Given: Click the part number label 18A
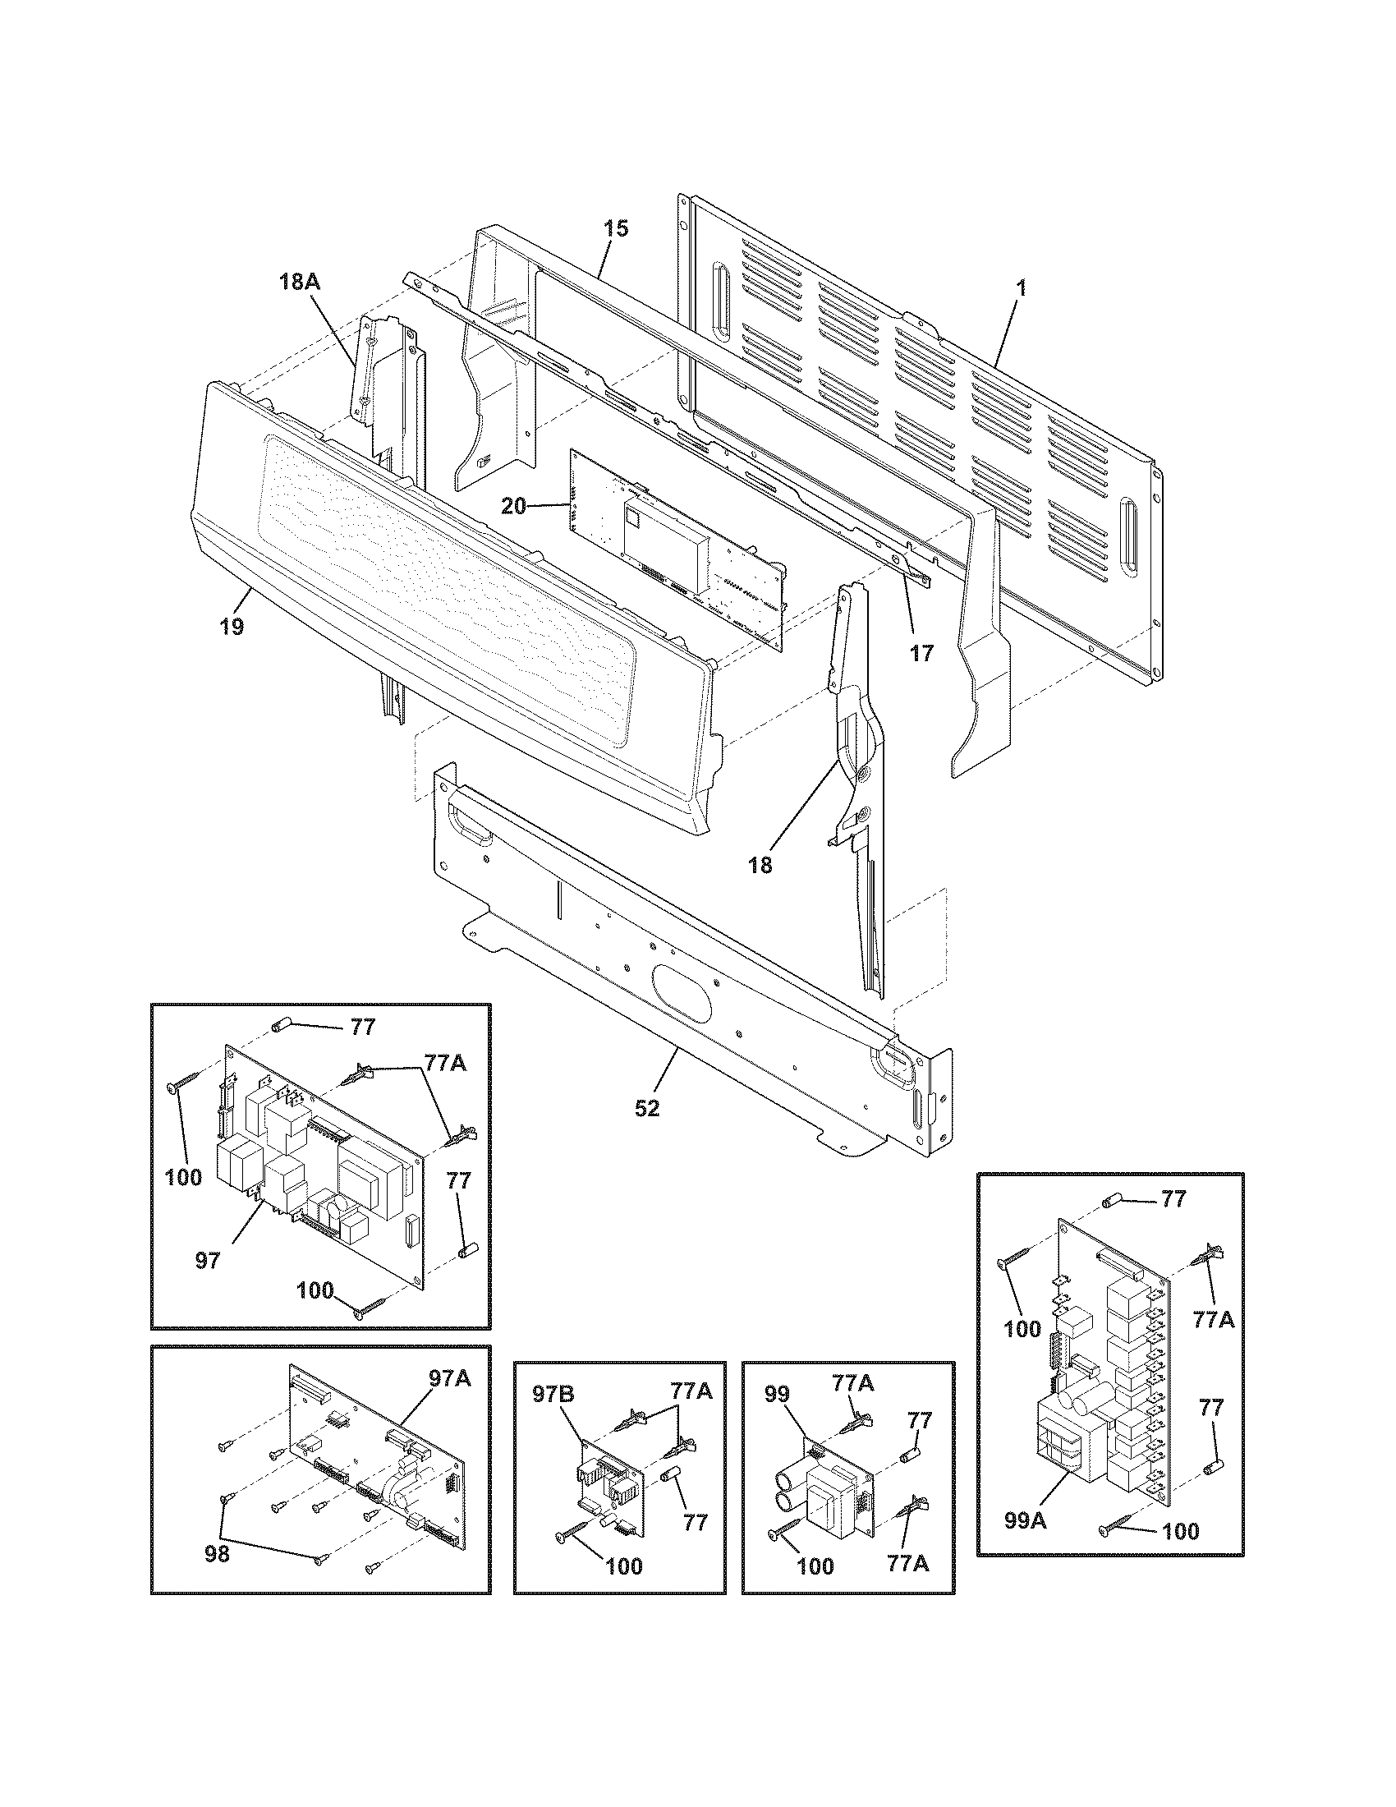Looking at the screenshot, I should (x=299, y=282).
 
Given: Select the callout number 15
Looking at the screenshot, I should (x=615, y=229).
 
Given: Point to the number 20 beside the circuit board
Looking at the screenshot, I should (x=513, y=505).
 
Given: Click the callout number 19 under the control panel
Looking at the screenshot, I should (x=232, y=627).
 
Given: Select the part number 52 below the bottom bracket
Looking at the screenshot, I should (x=647, y=1108).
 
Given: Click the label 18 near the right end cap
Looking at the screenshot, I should (x=760, y=866).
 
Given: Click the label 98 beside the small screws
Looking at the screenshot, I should (x=217, y=1555).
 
